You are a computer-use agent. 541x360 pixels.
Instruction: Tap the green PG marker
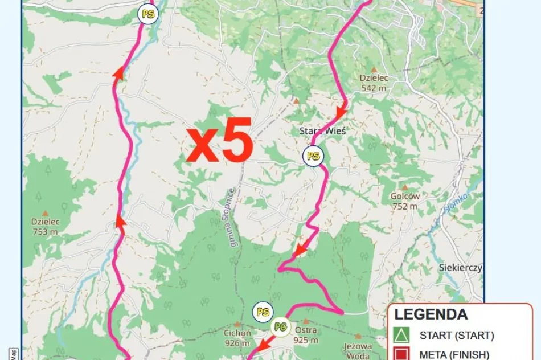280,327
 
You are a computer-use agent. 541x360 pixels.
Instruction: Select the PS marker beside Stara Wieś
313,156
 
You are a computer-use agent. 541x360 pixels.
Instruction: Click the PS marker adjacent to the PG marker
263,312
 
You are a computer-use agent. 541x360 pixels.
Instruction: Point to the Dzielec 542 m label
373,83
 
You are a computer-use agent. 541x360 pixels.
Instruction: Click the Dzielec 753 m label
45,227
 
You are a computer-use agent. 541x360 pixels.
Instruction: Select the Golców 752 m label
405,201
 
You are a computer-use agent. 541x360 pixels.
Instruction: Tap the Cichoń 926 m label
237,338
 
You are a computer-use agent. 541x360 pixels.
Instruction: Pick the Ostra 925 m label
306,335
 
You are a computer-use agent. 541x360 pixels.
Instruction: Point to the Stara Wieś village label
322,130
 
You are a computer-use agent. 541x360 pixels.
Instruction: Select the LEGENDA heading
431,314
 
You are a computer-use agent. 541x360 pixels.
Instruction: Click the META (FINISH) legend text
454,354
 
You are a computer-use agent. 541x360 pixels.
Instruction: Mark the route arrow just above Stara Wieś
341,113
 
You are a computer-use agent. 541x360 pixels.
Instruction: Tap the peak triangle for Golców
405,187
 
